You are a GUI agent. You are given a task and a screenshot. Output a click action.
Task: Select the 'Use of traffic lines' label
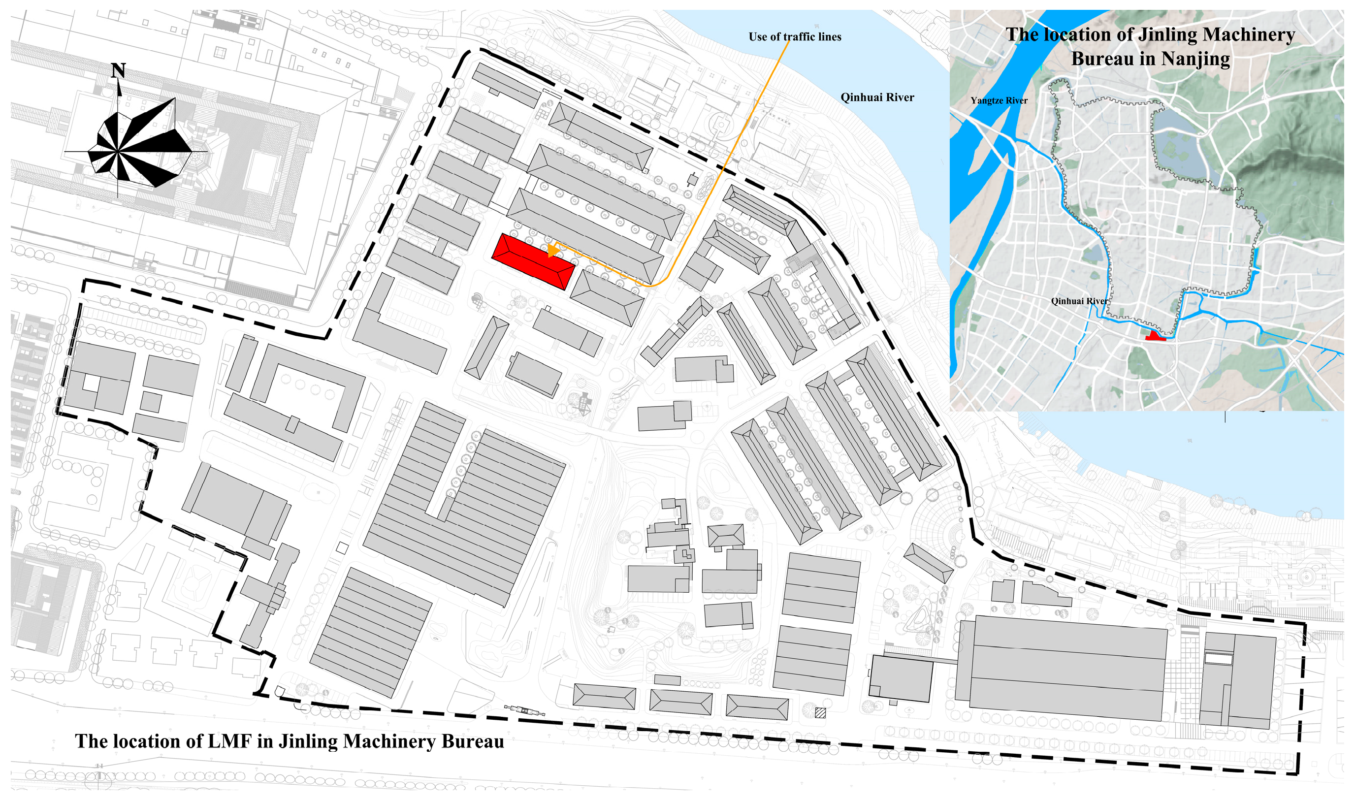pos(795,37)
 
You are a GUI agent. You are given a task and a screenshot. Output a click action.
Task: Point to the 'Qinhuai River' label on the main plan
pos(877,97)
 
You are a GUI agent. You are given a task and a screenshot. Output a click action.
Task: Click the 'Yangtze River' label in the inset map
pos(999,101)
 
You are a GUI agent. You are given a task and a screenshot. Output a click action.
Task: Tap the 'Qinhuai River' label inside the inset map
pos(1079,301)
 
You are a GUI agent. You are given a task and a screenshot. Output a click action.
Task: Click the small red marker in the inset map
pos(1154,337)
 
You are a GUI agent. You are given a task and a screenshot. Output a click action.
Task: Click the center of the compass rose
pos(118,152)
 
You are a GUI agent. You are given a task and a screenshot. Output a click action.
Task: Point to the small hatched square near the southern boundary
pos(820,713)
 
